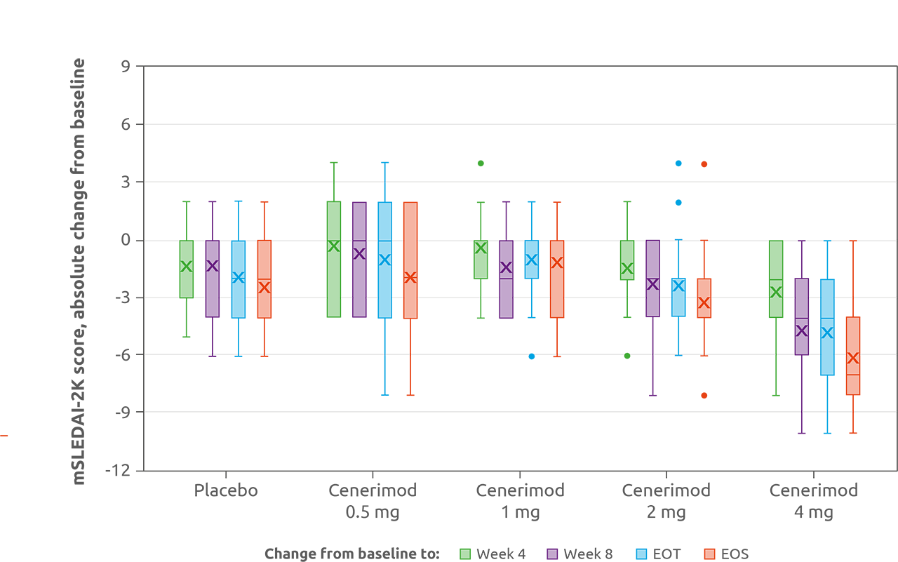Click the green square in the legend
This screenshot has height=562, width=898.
464,554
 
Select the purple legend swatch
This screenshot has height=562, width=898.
552,554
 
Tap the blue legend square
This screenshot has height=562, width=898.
641,554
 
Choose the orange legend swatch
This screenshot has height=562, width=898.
709,554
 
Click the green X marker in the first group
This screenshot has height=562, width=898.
186,267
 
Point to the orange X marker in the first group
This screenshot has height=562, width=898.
264,287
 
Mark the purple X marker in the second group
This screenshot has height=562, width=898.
359,254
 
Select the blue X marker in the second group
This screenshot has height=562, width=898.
384,260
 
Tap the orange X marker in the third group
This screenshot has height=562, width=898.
557,263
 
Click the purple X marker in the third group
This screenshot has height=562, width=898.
506,267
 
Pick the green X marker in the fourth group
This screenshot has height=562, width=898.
627,269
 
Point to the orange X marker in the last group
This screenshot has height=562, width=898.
852,359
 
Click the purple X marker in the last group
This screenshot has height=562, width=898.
802,330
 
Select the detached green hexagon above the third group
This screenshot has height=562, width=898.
481,158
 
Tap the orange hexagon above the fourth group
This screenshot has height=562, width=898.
708,159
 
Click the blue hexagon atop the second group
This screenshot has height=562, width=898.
384,156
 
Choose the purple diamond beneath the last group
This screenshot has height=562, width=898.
796,434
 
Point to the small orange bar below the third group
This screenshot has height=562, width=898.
557,370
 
